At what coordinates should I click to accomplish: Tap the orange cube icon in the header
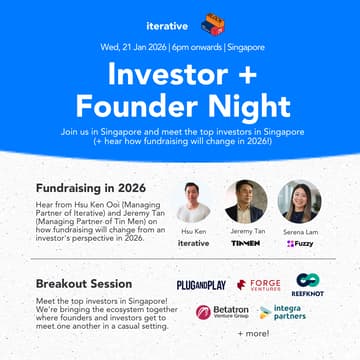tap(212, 22)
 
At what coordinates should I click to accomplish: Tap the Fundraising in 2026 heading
tap(91, 187)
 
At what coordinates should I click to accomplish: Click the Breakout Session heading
tap(86, 283)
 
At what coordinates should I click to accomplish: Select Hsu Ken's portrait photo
tap(193, 201)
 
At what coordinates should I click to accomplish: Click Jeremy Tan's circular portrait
tap(246, 201)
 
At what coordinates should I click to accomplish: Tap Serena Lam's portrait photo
tap(299, 201)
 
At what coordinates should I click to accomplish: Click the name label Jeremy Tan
tap(246, 231)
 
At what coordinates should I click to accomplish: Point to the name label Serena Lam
tap(299, 231)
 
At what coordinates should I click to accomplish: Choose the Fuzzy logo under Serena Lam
tap(299, 243)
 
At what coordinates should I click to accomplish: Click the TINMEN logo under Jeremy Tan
tap(246, 243)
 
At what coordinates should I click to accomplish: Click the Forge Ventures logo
tap(259, 286)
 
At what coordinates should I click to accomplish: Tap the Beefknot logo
tap(307, 285)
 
